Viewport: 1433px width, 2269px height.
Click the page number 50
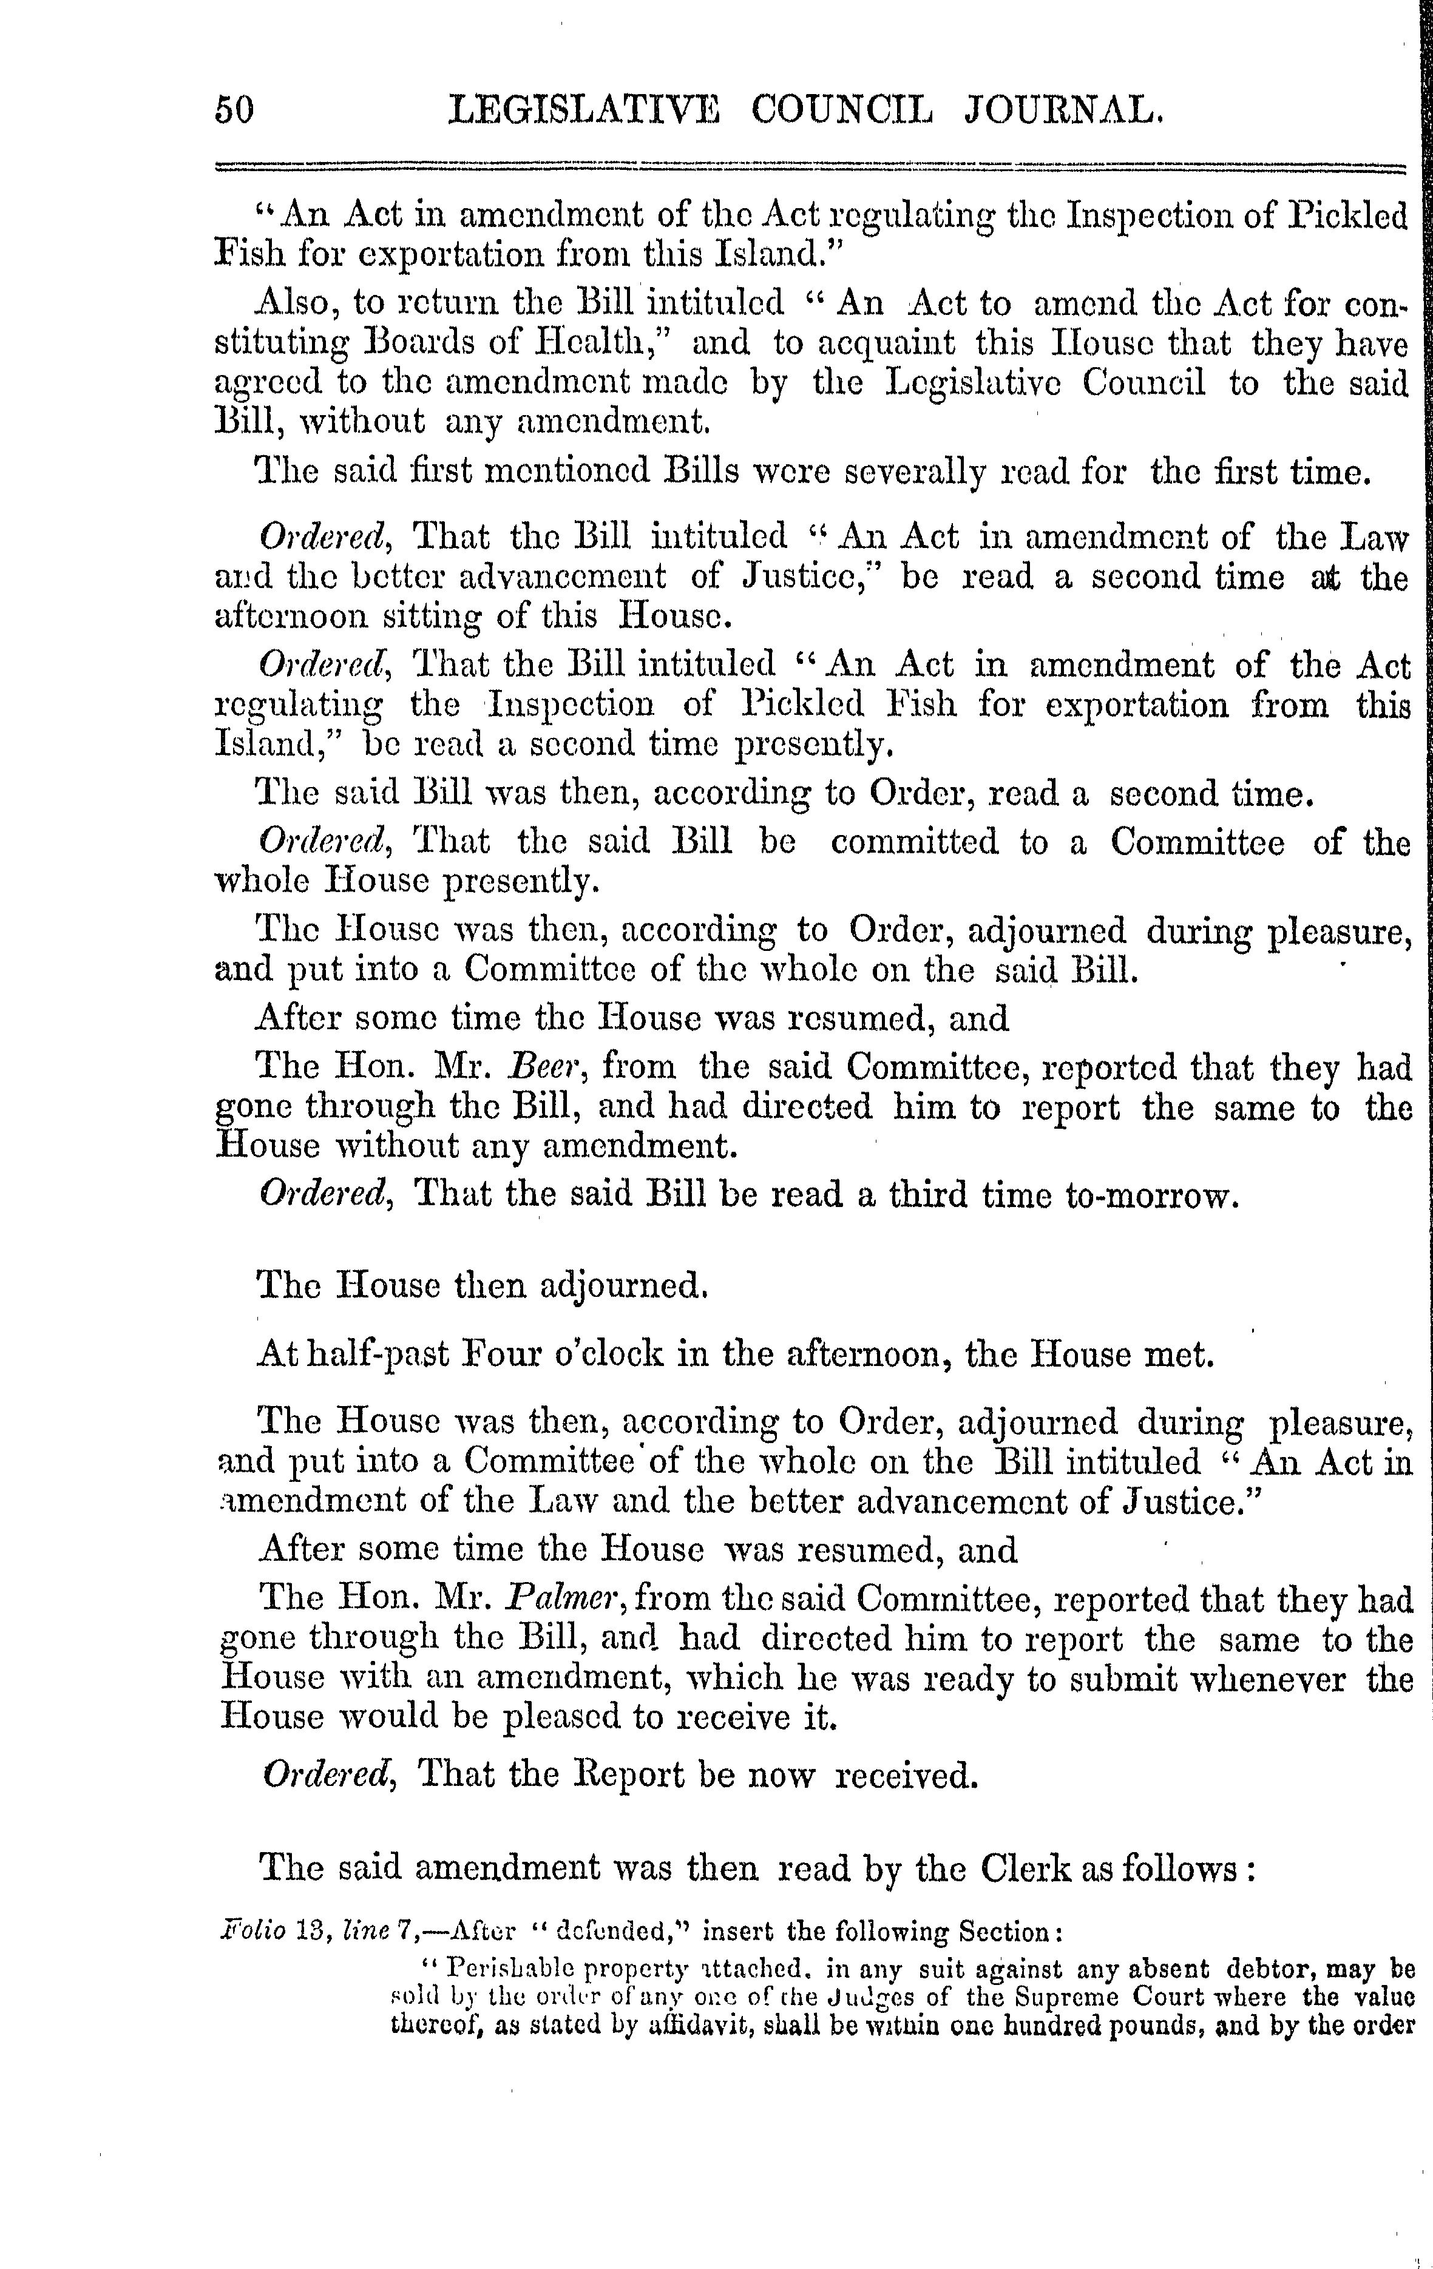click(x=235, y=110)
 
